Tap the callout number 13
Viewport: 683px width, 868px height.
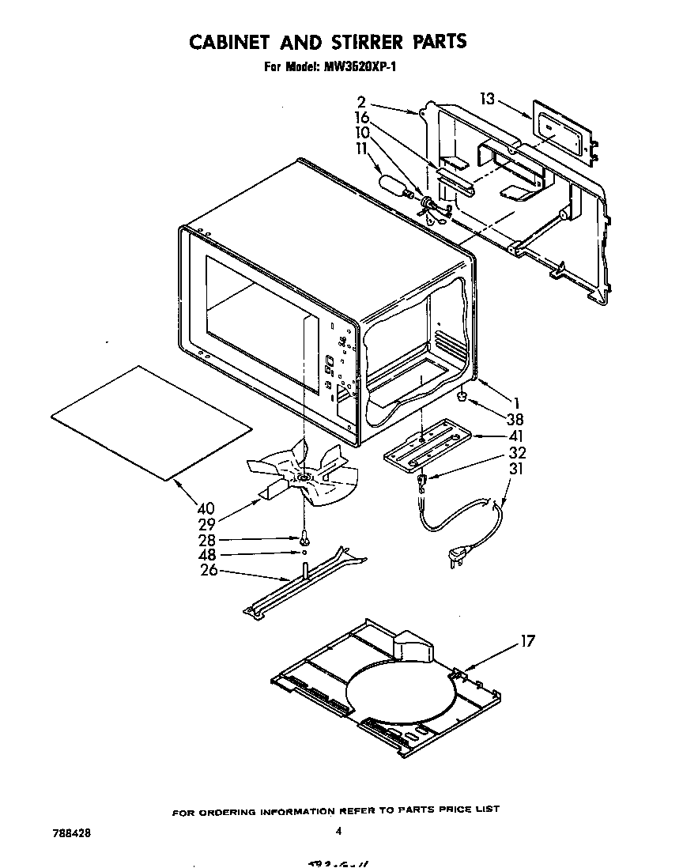click(488, 99)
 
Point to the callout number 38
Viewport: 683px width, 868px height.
click(515, 420)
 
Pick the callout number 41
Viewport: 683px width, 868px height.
click(515, 436)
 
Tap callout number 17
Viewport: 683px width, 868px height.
click(527, 641)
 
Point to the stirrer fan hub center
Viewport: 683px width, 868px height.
click(304, 478)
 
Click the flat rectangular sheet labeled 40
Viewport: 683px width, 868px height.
click(150, 422)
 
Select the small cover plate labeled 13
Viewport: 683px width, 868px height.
click(564, 131)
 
